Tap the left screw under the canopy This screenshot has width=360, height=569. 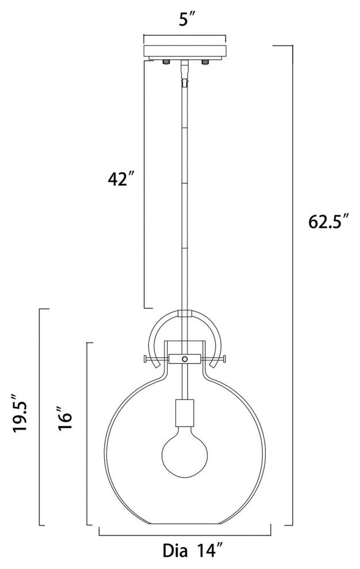166,61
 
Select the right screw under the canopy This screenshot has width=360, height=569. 204,61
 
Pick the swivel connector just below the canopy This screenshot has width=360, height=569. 185,72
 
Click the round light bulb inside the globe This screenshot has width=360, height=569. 184,451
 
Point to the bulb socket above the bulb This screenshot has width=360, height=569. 184,413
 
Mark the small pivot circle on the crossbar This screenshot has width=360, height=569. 185,359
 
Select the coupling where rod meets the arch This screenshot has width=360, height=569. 185,314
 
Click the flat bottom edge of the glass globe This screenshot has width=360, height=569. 184,524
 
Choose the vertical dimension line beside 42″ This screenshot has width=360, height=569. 143,184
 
